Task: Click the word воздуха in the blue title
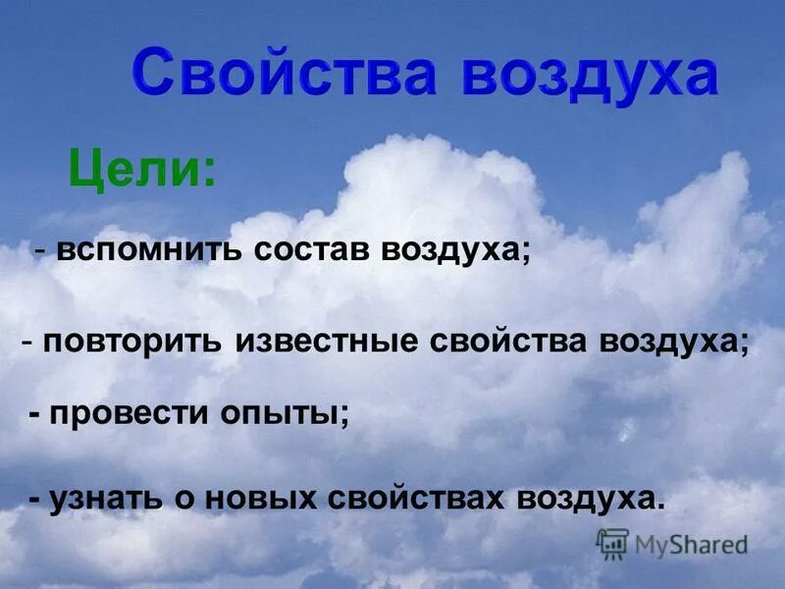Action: point(590,75)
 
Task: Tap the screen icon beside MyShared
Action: point(613,543)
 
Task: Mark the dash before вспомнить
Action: point(39,251)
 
